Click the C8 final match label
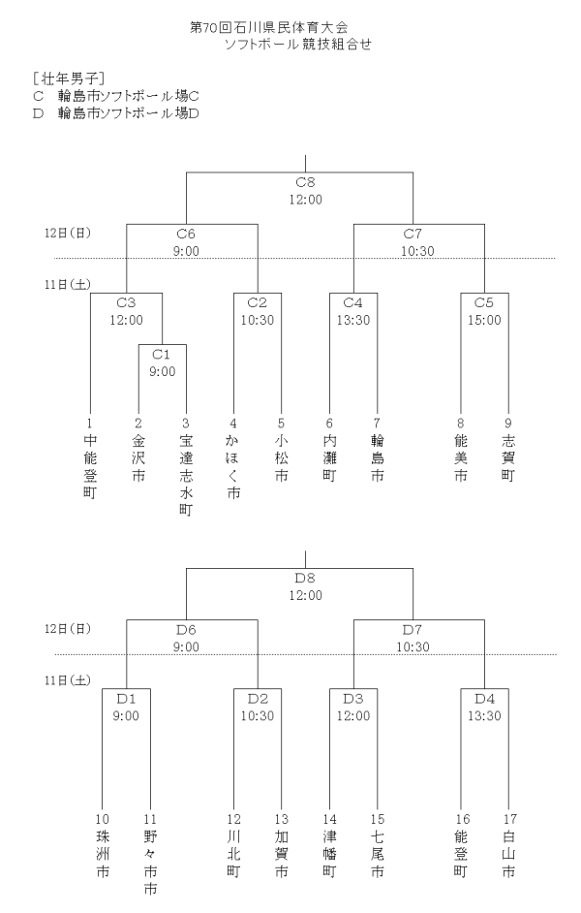coord(305,181)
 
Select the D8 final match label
coord(305,579)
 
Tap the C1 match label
coord(162,354)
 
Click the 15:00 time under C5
coord(484,319)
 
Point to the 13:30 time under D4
coord(484,716)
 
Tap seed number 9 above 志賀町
coord(507,424)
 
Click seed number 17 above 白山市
coord(507,820)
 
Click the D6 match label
coord(186,630)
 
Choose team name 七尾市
coord(377,852)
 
